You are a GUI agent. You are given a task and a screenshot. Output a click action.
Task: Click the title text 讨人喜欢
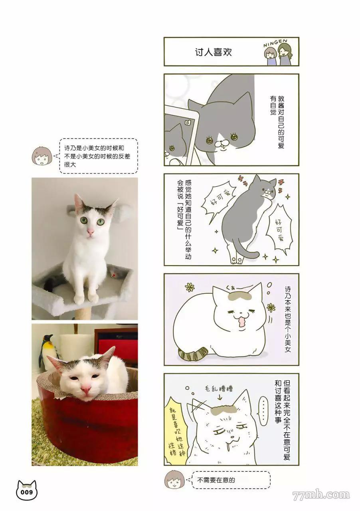click(213, 52)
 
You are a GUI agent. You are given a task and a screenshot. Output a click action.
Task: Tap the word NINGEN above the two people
click(275, 44)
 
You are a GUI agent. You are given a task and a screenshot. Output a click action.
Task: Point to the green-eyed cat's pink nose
click(90, 232)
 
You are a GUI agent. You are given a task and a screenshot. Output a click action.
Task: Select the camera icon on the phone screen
click(188, 123)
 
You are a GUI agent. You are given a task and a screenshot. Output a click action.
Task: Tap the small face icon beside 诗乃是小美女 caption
click(42, 156)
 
